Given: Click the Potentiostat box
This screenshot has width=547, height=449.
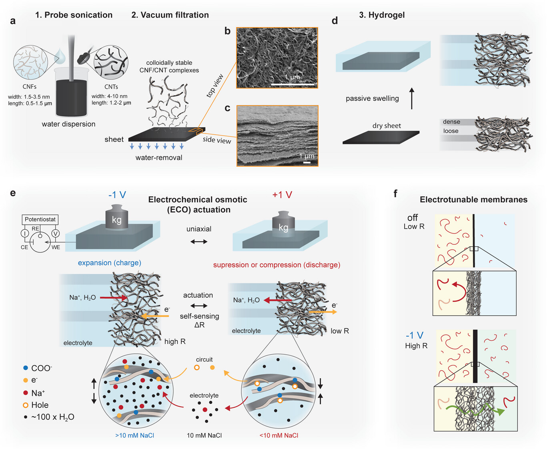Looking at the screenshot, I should pyautogui.click(x=40, y=219).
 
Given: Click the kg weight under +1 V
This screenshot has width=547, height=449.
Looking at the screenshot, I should pyautogui.click(x=283, y=225).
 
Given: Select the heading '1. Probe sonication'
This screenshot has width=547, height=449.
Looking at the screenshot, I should pyautogui.click(x=74, y=15).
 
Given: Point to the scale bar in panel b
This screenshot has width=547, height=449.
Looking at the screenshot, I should pyautogui.click(x=293, y=84).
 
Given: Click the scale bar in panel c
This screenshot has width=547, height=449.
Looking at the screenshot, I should pyautogui.click(x=307, y=162).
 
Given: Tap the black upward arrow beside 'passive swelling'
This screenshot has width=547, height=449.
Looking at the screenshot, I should pyautogui.click(x=412, y=99).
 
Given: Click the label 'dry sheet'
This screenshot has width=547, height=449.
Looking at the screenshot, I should pyautogui.click(x=387, y=126).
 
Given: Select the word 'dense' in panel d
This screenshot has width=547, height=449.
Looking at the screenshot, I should pyautogui.click(x=451, y=122).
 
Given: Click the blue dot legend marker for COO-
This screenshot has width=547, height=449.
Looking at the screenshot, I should pyautogui.click(x=26, y=368).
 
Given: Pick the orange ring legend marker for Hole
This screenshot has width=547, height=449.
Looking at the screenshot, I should pyautogui.click(x=26, y=405).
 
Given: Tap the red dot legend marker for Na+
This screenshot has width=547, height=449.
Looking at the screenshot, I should pyautogui.click(x=26, y=393).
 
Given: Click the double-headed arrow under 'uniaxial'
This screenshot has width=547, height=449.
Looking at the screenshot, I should pyautogui.click(x=199, y=241).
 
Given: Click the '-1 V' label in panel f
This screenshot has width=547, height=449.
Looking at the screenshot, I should pyautogui.click(x=414, y=335).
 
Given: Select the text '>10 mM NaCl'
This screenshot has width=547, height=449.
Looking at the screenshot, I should pyautogui.click(x=135, y=435).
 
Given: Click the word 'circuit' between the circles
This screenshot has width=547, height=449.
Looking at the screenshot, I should pyautogui.click(x=204, y=359).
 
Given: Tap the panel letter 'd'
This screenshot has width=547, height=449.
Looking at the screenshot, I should pyautogui.click(x=335, y=21).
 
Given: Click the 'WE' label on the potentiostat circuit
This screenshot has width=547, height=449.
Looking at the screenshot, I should pyautogui.click(x=56, y=247).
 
